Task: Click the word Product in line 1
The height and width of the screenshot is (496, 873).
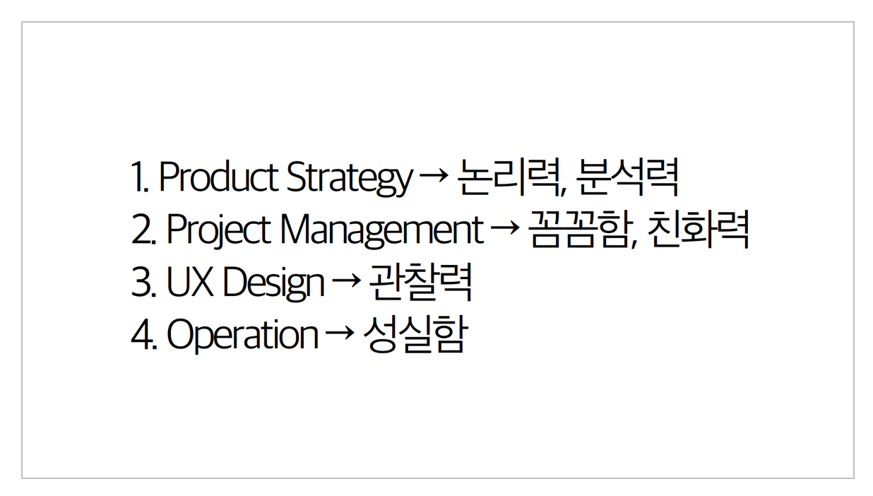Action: pos(219,176)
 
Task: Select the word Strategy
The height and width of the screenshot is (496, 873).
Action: pos(350,179)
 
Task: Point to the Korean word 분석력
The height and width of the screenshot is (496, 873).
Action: pos(627,177)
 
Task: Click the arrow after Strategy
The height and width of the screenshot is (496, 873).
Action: pos(434,175)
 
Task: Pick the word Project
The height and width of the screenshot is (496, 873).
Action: pos(219,230)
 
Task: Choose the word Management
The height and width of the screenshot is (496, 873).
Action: pos(382,231)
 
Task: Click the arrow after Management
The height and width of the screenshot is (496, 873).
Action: pos(505,228)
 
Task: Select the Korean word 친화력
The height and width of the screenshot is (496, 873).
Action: pos(699,230)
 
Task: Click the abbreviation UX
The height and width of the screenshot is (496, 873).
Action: pos(190,281)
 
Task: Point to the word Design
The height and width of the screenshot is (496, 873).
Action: pos(273,283)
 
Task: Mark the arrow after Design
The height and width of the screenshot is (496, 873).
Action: pos(347,280)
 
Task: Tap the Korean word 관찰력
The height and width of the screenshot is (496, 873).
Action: pos(420,281)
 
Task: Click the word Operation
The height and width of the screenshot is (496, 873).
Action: pos(242,336)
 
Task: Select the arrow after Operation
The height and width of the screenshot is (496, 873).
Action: pos(340,332)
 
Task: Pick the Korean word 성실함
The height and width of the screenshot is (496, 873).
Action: pos(415,334)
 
